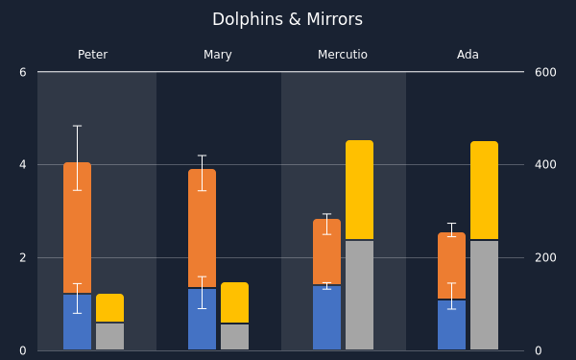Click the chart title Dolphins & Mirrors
[x=287, y=19]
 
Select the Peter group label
[x=92, y=55]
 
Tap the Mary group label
[x=218, y=55]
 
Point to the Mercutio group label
[x=343, y=55]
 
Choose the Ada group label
[x=468, y=55]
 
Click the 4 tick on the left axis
[x=23, y=164]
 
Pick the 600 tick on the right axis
[x=545, y=72]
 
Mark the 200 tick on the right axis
[x=545, y=257]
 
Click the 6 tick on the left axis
[x=23, y=72]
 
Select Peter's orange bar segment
[x=77, y=228]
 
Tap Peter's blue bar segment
[x=77, y=322]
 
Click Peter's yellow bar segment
[x=109, y=308]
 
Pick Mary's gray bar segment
[x=235, y=337]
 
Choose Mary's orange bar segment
[x=202, y=228]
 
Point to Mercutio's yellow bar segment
[x=360, y=189]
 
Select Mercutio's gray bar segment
[x=360, y=295]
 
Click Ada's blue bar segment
[x=451, y=324]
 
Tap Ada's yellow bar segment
[x=484, y=190]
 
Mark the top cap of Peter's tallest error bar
[x=77, y=126]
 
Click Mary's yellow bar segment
[x=235, y=302]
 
